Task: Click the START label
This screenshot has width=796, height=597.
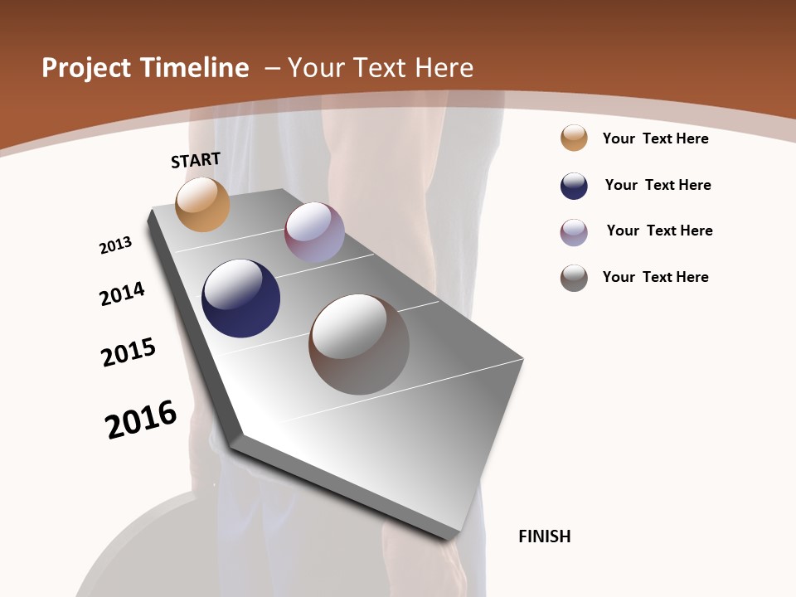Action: [196, 160]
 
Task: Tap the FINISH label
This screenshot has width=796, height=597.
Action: [544, 536]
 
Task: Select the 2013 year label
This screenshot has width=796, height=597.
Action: [115, 245]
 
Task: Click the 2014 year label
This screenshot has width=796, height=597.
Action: [122, 294]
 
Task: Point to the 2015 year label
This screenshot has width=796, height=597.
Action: [129, 352]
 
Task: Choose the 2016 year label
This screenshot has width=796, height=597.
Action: [141, 420]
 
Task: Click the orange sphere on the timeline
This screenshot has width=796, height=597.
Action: [202, 204]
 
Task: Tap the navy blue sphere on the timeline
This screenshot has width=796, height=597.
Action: [240, 298]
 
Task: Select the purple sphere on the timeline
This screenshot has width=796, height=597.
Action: [314, 232]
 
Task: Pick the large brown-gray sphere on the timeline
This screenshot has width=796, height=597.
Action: [359, 344]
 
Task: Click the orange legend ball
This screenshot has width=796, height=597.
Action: [574, 138]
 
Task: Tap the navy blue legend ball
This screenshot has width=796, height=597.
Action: [574, 186]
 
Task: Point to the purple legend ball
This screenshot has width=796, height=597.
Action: [574, 232]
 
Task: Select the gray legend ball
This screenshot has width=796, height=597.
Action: [574, 278]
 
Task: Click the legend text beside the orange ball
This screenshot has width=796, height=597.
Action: [655, 138]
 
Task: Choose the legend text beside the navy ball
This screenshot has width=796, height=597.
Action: [658, 185]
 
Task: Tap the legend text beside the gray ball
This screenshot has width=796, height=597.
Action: [655, 277]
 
